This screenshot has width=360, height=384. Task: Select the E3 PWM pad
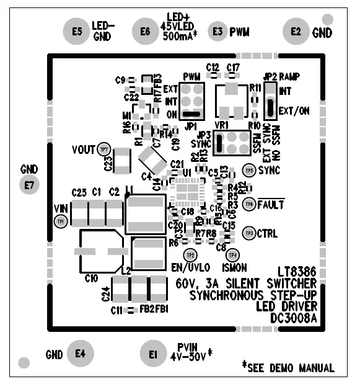tap(217, 31)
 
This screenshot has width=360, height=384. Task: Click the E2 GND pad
tap(296, 31)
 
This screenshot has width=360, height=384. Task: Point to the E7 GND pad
tap(29, 185)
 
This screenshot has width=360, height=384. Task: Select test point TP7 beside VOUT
tap(104, 149)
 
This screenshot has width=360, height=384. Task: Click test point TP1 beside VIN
tap(61, 221)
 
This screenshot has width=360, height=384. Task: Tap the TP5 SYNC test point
tap(248, 169)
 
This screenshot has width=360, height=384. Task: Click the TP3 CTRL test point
tap(248, 233)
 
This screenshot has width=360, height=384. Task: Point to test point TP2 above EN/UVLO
tap(190, 254)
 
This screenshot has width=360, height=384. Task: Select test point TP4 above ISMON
tap(232, 254)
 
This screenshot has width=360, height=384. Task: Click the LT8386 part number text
tap(297, 272)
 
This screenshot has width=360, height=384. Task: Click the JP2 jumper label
tap(270, 76)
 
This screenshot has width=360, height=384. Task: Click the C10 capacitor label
tap(92, 279)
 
